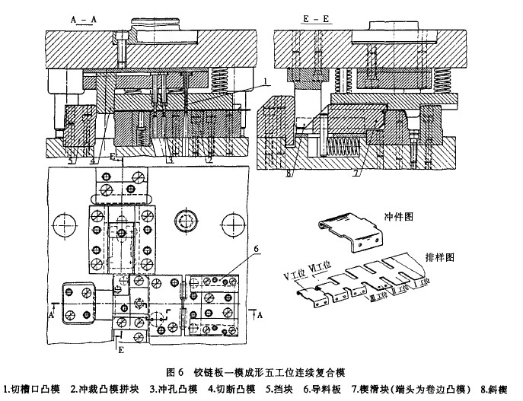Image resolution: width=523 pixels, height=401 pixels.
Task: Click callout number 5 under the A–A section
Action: [68, 161]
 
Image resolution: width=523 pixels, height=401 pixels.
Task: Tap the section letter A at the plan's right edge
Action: [260, 313]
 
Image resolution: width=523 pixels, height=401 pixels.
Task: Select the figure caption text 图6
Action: [175, 373]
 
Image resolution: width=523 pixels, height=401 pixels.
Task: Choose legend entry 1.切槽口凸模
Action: [31, 390]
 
